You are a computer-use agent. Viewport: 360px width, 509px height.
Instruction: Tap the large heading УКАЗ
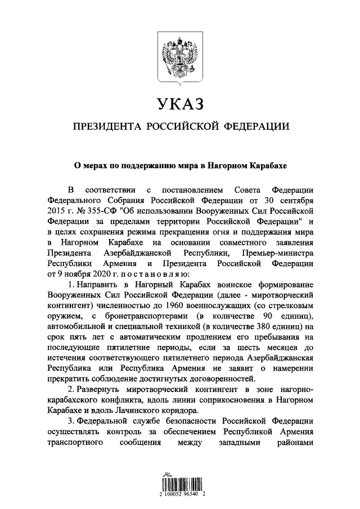[x=179, y=104]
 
